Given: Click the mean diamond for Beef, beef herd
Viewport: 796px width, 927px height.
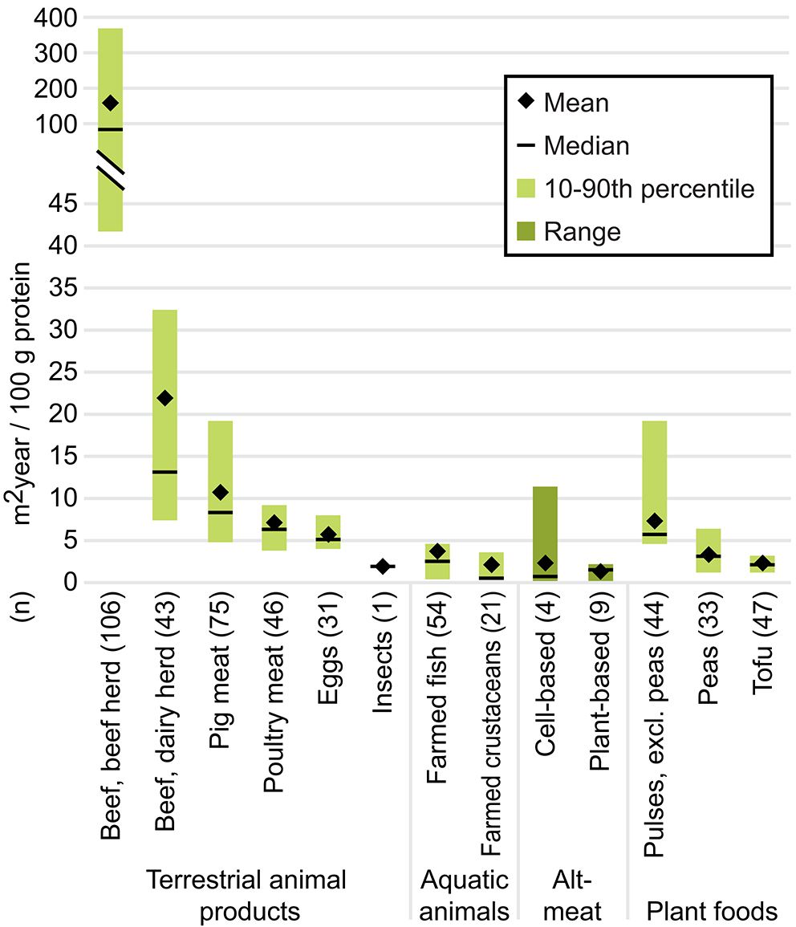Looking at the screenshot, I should pyautogui.click(x=110, y=103).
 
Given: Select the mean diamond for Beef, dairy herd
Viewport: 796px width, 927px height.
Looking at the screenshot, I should pyautogui.click(x=164, y=398).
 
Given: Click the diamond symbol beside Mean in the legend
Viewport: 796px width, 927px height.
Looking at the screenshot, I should pyautogui.click(x=524, y=102).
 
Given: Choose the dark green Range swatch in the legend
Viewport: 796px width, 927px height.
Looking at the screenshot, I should pyautogui.click(x=524, y=232).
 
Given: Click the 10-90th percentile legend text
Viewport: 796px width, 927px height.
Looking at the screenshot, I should pyautogui.click(x=649, y=189).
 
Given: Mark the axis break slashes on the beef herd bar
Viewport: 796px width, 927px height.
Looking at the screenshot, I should pyautogui.click(x=111, y=170).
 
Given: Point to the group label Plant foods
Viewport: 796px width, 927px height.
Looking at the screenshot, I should pyautogui.click(x=712, y=912).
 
